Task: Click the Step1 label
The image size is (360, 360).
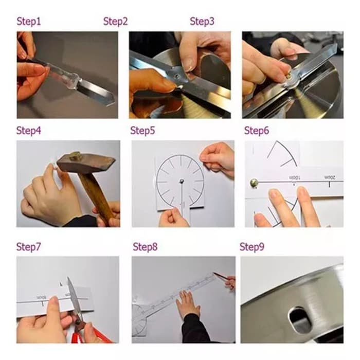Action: pyautogui.click(x=29, y=22)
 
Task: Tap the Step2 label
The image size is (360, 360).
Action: pyautogui.click(x=115, y=22)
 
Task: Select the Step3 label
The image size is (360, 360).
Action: pyautogui.click(x=202, y=22)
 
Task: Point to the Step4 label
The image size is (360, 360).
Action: pyautogui.click(x=29, y=131)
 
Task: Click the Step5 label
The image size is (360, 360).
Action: pyautogui.click(x=142, y=131)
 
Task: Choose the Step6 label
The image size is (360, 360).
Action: pyautogui.click(x=257, y=131)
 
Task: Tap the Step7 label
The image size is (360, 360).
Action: pyautogui.click(x=28, y=247)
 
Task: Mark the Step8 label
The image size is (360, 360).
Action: pyautogui.click(x=145, y=247)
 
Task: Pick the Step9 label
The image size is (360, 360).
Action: pyautogui.click(x=252, y=247)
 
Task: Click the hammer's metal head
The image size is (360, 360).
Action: pyautogui.click(x=86, y=162)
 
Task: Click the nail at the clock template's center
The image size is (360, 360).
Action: pyautogui.click(x=182, y=181)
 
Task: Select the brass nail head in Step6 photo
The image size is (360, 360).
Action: pyautogui.click(x=254, y=183)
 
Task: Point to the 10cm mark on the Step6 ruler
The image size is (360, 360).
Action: pyautogui.click(x=295, y=178)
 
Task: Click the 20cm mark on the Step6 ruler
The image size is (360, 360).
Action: pyautogui.click(x=330, y=177)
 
